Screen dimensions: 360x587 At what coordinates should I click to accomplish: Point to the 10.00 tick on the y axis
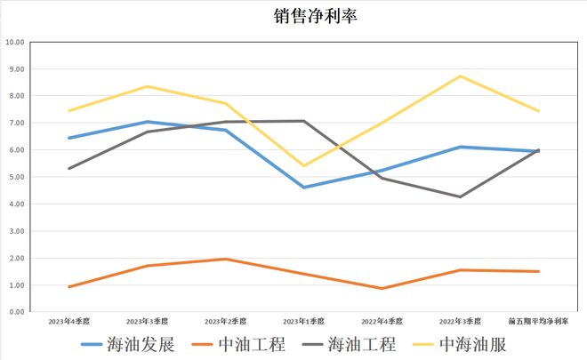click(14, 42)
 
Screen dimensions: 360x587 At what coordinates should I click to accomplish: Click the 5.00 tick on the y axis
click(16, 177)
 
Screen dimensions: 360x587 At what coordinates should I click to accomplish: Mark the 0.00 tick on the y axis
click(16, 312)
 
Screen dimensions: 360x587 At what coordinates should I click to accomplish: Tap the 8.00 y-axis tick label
click(16, 96)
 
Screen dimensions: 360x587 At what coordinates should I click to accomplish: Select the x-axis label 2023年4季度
click(68, 320)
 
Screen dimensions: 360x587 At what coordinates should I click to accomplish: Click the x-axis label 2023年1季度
click(304, 320)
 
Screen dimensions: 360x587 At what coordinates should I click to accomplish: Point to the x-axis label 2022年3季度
click(461, 320)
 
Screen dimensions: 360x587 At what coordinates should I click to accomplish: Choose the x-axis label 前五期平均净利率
click(538, 320)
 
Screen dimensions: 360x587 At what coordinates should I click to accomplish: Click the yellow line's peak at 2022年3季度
click(461, 76)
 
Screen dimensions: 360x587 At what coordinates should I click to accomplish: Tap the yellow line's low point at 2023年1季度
click(304, 166)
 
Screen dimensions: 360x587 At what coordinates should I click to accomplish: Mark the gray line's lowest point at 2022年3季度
click(461, 196)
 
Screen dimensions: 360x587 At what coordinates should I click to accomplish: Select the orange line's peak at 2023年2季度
click(226, 260)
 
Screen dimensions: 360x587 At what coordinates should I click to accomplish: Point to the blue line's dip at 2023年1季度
click(304, 188)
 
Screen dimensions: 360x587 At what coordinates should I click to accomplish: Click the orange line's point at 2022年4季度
click(382, 288)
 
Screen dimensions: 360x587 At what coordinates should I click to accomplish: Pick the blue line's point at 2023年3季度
click(148, 122)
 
